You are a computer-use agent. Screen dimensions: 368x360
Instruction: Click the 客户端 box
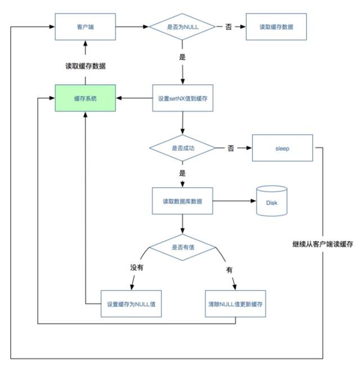(x=85, y=26)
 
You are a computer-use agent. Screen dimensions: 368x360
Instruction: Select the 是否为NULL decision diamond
(x=182, y=26)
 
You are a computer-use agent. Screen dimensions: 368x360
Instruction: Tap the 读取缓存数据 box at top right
(x=276, y=26)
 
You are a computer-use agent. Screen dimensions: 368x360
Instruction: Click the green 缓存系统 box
(x=85, y=98)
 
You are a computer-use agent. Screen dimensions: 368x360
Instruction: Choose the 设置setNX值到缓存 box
(x=182, y=98)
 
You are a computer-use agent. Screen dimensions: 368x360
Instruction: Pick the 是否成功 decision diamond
(x=182, y=148)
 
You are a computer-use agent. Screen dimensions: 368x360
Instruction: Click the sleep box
(x=282, y=148)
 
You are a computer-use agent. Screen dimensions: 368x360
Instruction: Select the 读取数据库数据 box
(x=182, y=200)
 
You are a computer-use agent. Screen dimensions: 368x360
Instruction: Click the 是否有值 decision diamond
(x=182, y=246)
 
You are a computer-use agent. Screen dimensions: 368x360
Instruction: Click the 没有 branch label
(x=137, y=267)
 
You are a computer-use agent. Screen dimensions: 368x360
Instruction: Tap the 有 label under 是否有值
(x=229, y=270)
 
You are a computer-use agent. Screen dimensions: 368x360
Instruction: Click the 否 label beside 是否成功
(x=231, y=148)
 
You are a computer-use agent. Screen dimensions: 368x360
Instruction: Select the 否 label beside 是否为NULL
(x=228, y=26)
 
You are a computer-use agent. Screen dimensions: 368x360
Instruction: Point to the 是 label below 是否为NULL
(x=182, y=57)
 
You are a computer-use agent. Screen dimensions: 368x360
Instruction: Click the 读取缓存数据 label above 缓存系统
(x=85, y=66)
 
